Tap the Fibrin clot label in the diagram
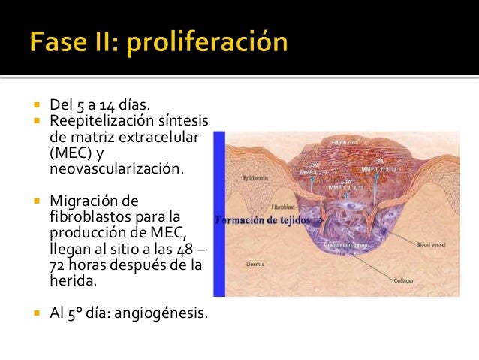tap(346, 142)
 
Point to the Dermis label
tap(255, 264)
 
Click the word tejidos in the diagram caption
tap(297, 220)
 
